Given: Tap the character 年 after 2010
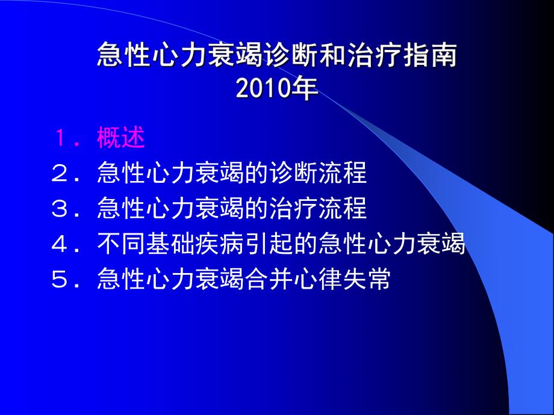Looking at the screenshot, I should pos(305,90).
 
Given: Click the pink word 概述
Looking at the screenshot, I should pos(121,138).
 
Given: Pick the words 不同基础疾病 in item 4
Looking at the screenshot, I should pos(170,244).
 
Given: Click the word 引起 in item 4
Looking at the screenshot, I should pos(269,244).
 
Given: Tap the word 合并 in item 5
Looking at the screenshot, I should pos(269,280).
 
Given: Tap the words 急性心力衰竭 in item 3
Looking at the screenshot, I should pos(170,209).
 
